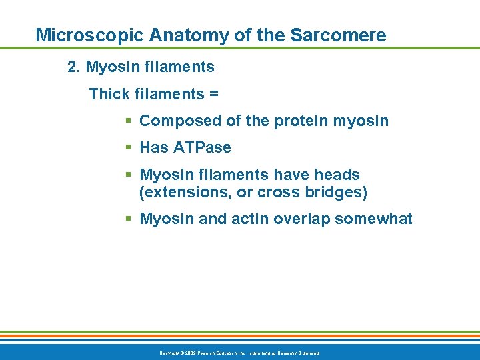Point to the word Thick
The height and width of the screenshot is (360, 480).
point(109,94)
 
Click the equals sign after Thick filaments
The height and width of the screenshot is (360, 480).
point(213,95)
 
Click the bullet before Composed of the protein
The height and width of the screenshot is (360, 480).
point(129,121)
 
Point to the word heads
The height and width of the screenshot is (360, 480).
point(337,175)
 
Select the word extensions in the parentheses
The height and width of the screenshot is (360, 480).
point(177,193)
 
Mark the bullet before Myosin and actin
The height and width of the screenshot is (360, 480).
point(129,219)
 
